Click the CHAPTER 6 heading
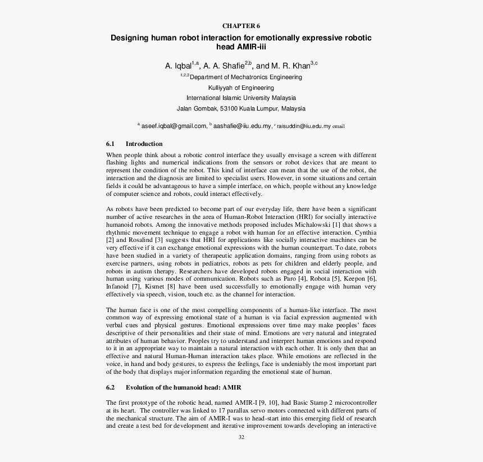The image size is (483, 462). (x=241, y=26)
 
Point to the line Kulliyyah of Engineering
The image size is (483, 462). (x=241, y=88)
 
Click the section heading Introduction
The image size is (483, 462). (x=144, y=144)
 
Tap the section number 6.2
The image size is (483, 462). (x=111, y=387)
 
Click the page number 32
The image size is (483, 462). (x=241, y=437)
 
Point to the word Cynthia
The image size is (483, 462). (x=363, y=232)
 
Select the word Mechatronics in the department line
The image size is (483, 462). (x=245, y=77)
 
